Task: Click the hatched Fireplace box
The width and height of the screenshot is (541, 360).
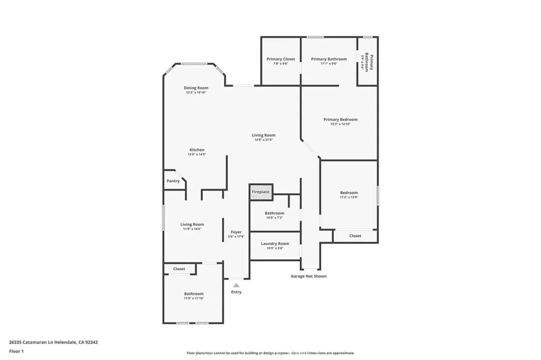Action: coord(260,192)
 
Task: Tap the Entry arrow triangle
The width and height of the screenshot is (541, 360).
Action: coord(236,285)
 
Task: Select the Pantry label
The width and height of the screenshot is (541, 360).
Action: coord(173,181)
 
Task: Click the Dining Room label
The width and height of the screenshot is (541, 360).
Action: coord(196,88)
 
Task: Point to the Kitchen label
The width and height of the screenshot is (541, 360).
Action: coord(197,150)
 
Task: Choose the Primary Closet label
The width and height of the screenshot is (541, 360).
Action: coord(281,59)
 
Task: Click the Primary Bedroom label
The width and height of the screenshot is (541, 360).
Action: coord(340,120)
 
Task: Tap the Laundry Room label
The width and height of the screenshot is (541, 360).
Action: coord(275,244)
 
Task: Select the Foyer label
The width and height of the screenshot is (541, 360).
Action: coord(236,232)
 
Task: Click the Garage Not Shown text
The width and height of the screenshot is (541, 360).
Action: coord(309,276)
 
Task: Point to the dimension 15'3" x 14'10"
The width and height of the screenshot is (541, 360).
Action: coord(340,125)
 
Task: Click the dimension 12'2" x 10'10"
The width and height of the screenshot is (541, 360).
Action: coord(196,92)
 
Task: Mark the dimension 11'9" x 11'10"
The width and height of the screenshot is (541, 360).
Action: coord(194,298)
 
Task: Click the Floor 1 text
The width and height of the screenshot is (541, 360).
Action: coord(16,350)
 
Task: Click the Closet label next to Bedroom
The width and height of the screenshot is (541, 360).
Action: coord(355,236)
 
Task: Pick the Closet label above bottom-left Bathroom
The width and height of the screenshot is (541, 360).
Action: coord(179,269)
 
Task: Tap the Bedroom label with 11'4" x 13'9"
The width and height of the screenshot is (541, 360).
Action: coord(349,193)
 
